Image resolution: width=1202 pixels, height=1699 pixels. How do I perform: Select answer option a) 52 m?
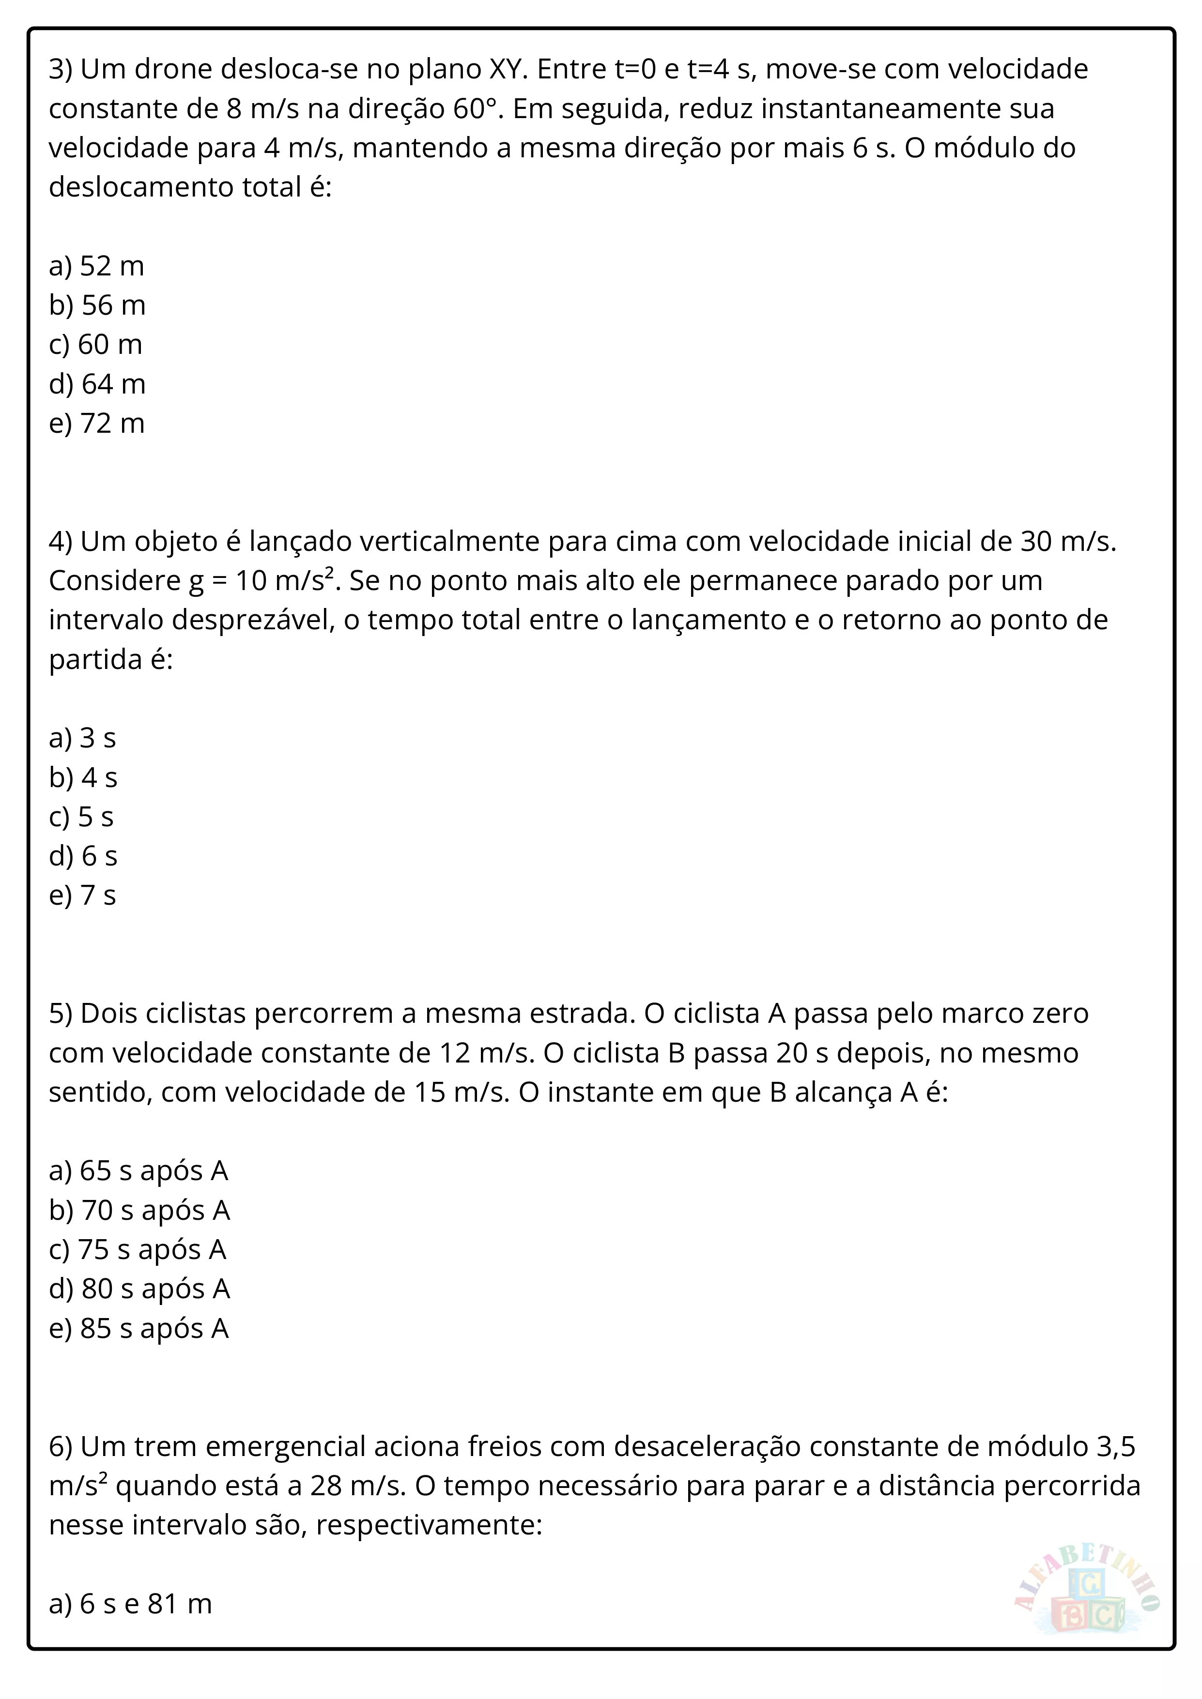coord(96,266)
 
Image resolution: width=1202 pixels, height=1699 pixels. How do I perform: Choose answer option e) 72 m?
coord(96,423)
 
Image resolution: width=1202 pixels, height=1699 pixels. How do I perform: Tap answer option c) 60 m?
coord(95,344)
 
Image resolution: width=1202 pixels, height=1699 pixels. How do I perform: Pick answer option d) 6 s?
coord(83,856)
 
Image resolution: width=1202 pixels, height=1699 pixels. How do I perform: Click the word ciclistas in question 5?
coord(196,1013)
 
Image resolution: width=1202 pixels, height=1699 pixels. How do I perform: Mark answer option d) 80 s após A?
coord(139,1289)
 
